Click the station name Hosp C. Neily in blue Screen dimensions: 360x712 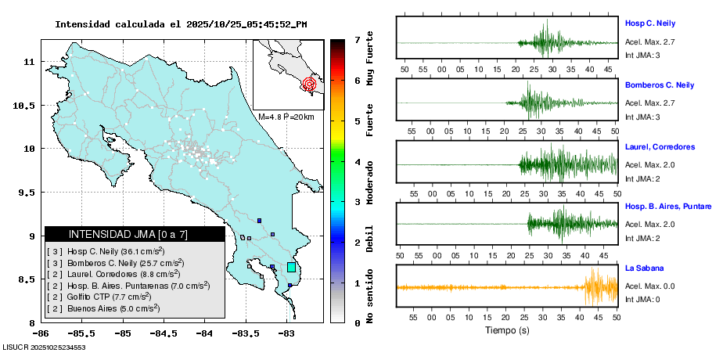click(x=649, y=23)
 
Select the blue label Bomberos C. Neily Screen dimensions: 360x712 click(x=659, y=85)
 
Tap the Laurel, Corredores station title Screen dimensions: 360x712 click(x=660, y=147)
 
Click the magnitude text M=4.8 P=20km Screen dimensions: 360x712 click(x=286, y=117)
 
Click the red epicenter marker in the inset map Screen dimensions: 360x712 click(x=309, y=83)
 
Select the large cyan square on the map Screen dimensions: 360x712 click(x=291, y=268)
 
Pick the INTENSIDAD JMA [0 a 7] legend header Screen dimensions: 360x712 click(x=135, y=234)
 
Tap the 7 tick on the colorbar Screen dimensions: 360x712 click(x=357, y=39)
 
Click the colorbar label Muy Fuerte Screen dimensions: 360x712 click(x=370, y=58)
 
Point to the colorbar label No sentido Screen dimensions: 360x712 click(x=370, y=297)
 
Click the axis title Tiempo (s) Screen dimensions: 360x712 click(x=507, y=330)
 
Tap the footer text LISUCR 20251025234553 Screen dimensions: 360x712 click(x=44, y=347)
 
